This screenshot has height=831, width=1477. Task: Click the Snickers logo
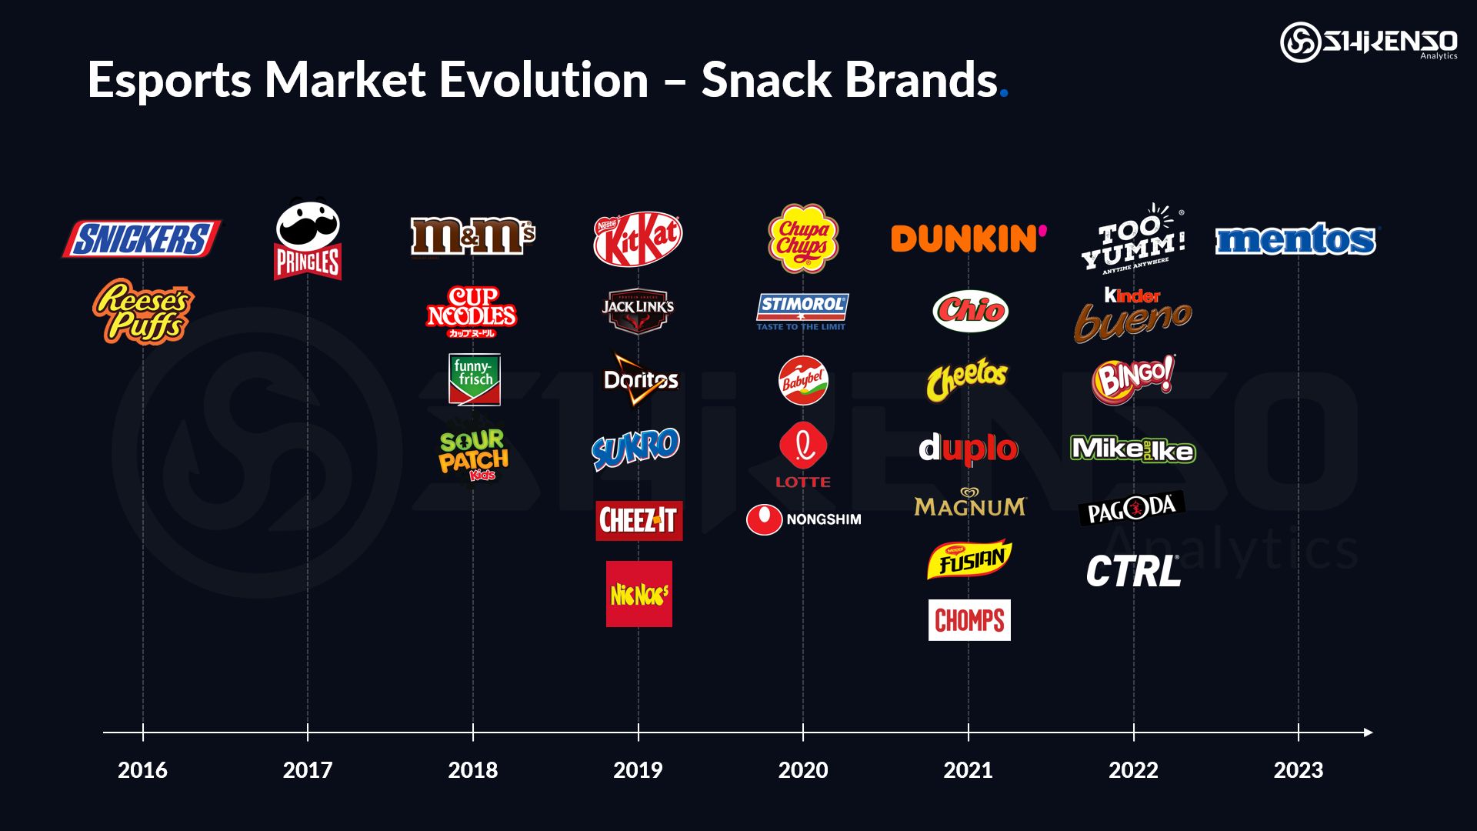click(142, 239)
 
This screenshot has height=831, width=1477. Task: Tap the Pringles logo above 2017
click(308, 240)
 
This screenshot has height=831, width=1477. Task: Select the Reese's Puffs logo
click(143, 311)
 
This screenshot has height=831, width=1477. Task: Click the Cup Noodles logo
click(472, 311)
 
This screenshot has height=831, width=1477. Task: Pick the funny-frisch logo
click(474, 379)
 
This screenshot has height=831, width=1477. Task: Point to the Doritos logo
click(640, 379)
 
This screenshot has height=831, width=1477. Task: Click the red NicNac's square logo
click(638, 593)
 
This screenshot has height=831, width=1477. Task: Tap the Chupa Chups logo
click(802, 238)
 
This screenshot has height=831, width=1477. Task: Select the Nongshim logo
click(804, 519)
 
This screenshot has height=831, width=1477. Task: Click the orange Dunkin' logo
click(968, 239)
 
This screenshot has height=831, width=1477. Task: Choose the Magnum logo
click(969, 503)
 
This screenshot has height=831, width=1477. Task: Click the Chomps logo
click(969, 620)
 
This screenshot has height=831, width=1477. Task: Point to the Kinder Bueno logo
click(1132, 314)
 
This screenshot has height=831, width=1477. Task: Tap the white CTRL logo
click(1132, 572)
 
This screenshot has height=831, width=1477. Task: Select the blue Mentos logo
click(1297, 239)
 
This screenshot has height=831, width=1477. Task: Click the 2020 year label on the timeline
click(802, 769)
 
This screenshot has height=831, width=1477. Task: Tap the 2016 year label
click(142, 769)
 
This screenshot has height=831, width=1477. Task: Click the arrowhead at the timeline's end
click(1368, 733)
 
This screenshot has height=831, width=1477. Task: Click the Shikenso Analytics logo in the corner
click(1369, 42)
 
